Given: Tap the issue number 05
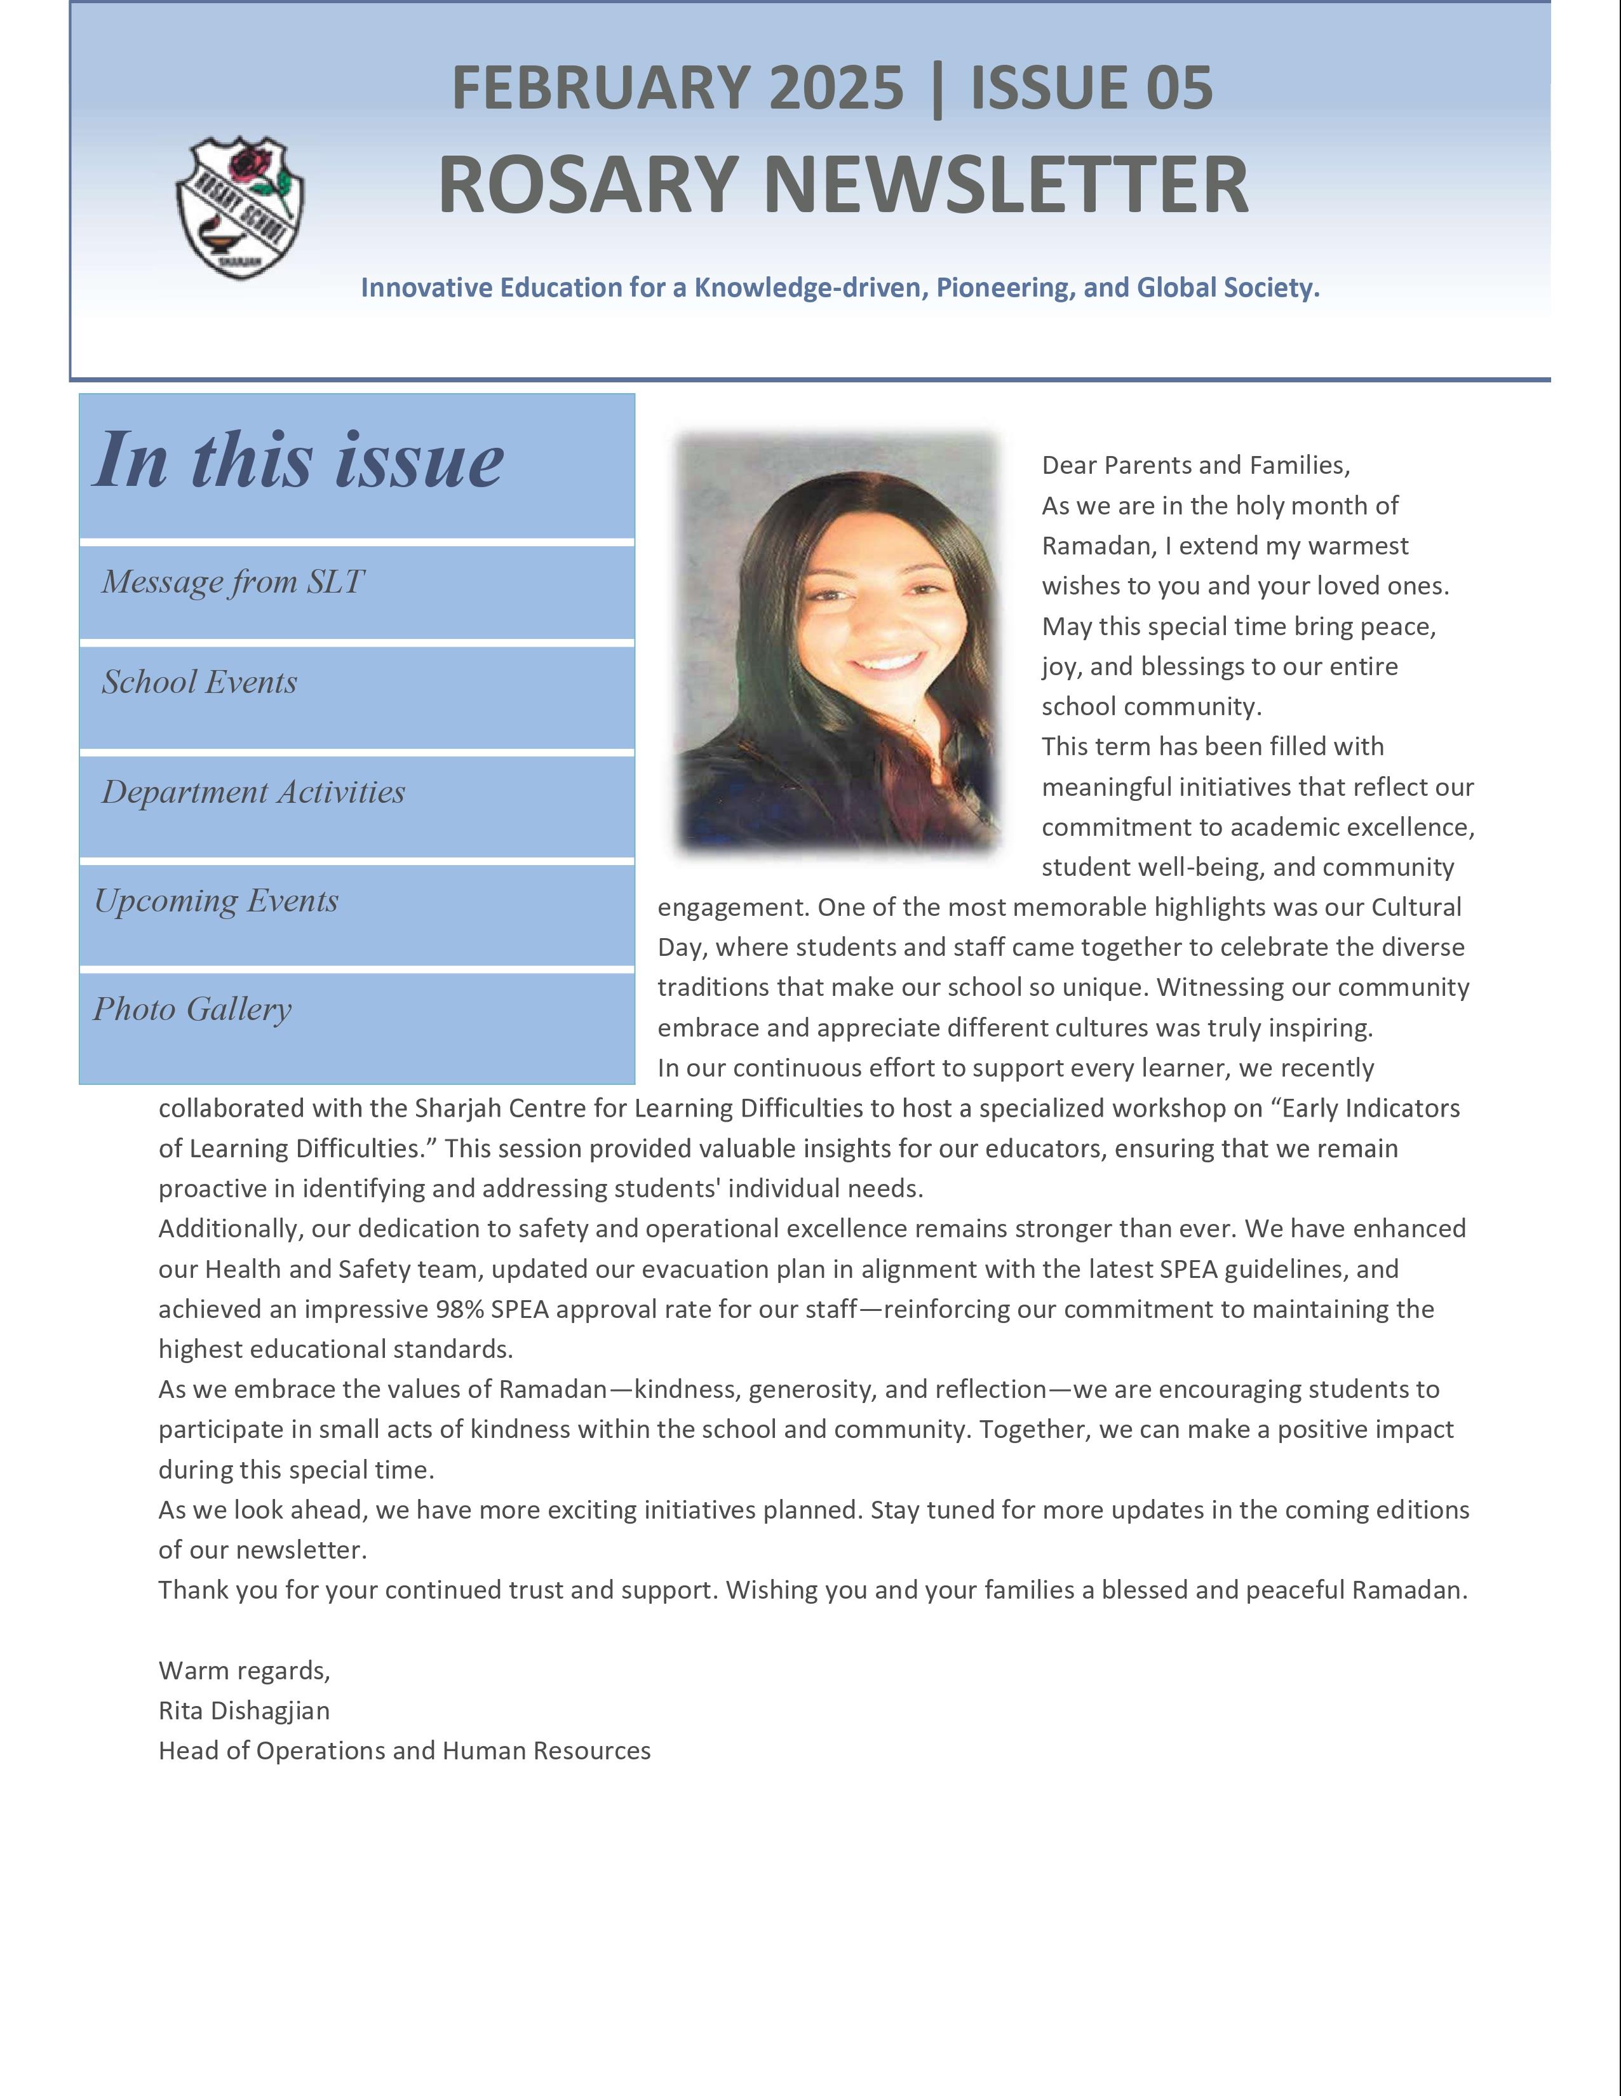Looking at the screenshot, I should click(1178, 88).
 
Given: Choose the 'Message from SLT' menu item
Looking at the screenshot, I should click(233, 582).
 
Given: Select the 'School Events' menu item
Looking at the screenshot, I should click(199, 682).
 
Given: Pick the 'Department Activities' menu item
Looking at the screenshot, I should click(253, 792).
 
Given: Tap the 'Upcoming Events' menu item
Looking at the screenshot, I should click(217, 901).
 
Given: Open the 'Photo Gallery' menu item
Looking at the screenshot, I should click(192, 1010).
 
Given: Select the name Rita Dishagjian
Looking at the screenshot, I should click(244, 1710).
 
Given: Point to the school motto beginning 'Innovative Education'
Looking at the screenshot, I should click(840, 287).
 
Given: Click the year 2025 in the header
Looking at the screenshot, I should click(836, 88).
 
